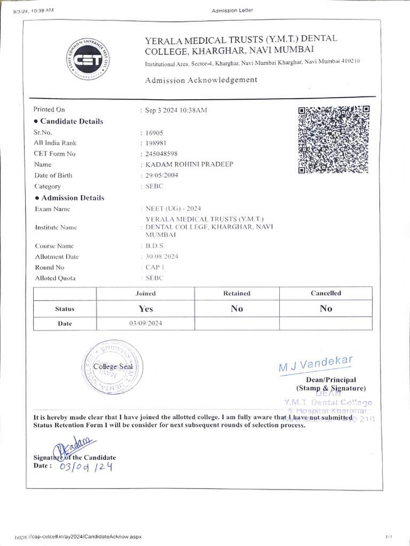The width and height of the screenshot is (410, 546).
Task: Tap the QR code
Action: pyautogui.click(x=333, y=139)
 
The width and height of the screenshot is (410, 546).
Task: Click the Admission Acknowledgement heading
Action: pyautogui.click(x=201, y=80)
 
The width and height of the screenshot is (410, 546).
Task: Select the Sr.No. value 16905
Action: pyautogui.click(x=154, y=132)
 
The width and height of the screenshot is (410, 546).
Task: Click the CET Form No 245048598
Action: pyautogui.click(x=161, y=154)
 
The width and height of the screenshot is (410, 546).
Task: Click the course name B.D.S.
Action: pyautogui.click(x=155, y=246)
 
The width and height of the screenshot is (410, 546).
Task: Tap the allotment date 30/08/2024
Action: pyautogui.click(x=162, y=256)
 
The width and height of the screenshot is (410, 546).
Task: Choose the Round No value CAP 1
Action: pyautogui.click(x=155, y=267)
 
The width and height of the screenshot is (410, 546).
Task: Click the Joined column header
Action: pyautogui.click(x=145, y=293)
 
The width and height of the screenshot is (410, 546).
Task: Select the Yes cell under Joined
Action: pyautogui.click(x=145, y=309)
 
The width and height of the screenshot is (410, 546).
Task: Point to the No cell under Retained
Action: pyautogui.click(x=236, y=309)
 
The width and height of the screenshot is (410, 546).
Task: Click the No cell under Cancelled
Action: pyautogui.click(x=326, y=309)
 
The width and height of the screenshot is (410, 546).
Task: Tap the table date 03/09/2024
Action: pyautogui.click(x=145, y=324)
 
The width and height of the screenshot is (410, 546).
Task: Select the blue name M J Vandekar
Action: pyautogui.click(x=316, y=365)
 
